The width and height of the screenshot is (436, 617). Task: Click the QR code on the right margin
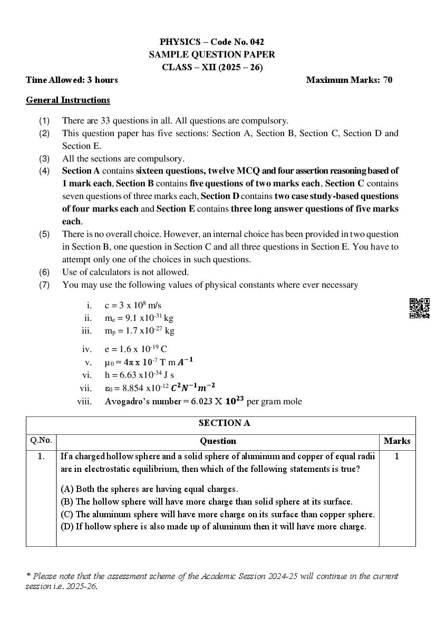tap(419, 308)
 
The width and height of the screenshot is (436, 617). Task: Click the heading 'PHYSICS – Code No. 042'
tap(211, 42)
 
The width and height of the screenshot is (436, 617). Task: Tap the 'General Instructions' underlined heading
tap(68, 100)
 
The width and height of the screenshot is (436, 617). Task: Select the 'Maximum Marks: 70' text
tap(349, 80)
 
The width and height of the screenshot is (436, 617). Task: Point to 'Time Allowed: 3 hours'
tap(72, 80)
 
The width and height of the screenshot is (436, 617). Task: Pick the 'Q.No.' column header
tap(41, 440)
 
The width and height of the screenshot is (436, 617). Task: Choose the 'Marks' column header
tap(396, 441)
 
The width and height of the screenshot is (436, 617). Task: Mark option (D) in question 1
tap(213, 526)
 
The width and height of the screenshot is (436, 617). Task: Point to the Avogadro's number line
tap(203, 401)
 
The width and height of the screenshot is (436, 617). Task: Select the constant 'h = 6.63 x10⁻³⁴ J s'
tap(139, 375)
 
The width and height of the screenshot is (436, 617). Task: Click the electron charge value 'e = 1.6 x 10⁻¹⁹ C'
tap(135, 349)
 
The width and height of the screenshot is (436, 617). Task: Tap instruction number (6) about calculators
tap(125, 272)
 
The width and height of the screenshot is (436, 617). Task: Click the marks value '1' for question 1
tap(396, 457)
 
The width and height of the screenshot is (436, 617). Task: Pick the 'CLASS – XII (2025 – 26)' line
tap(212, 67)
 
